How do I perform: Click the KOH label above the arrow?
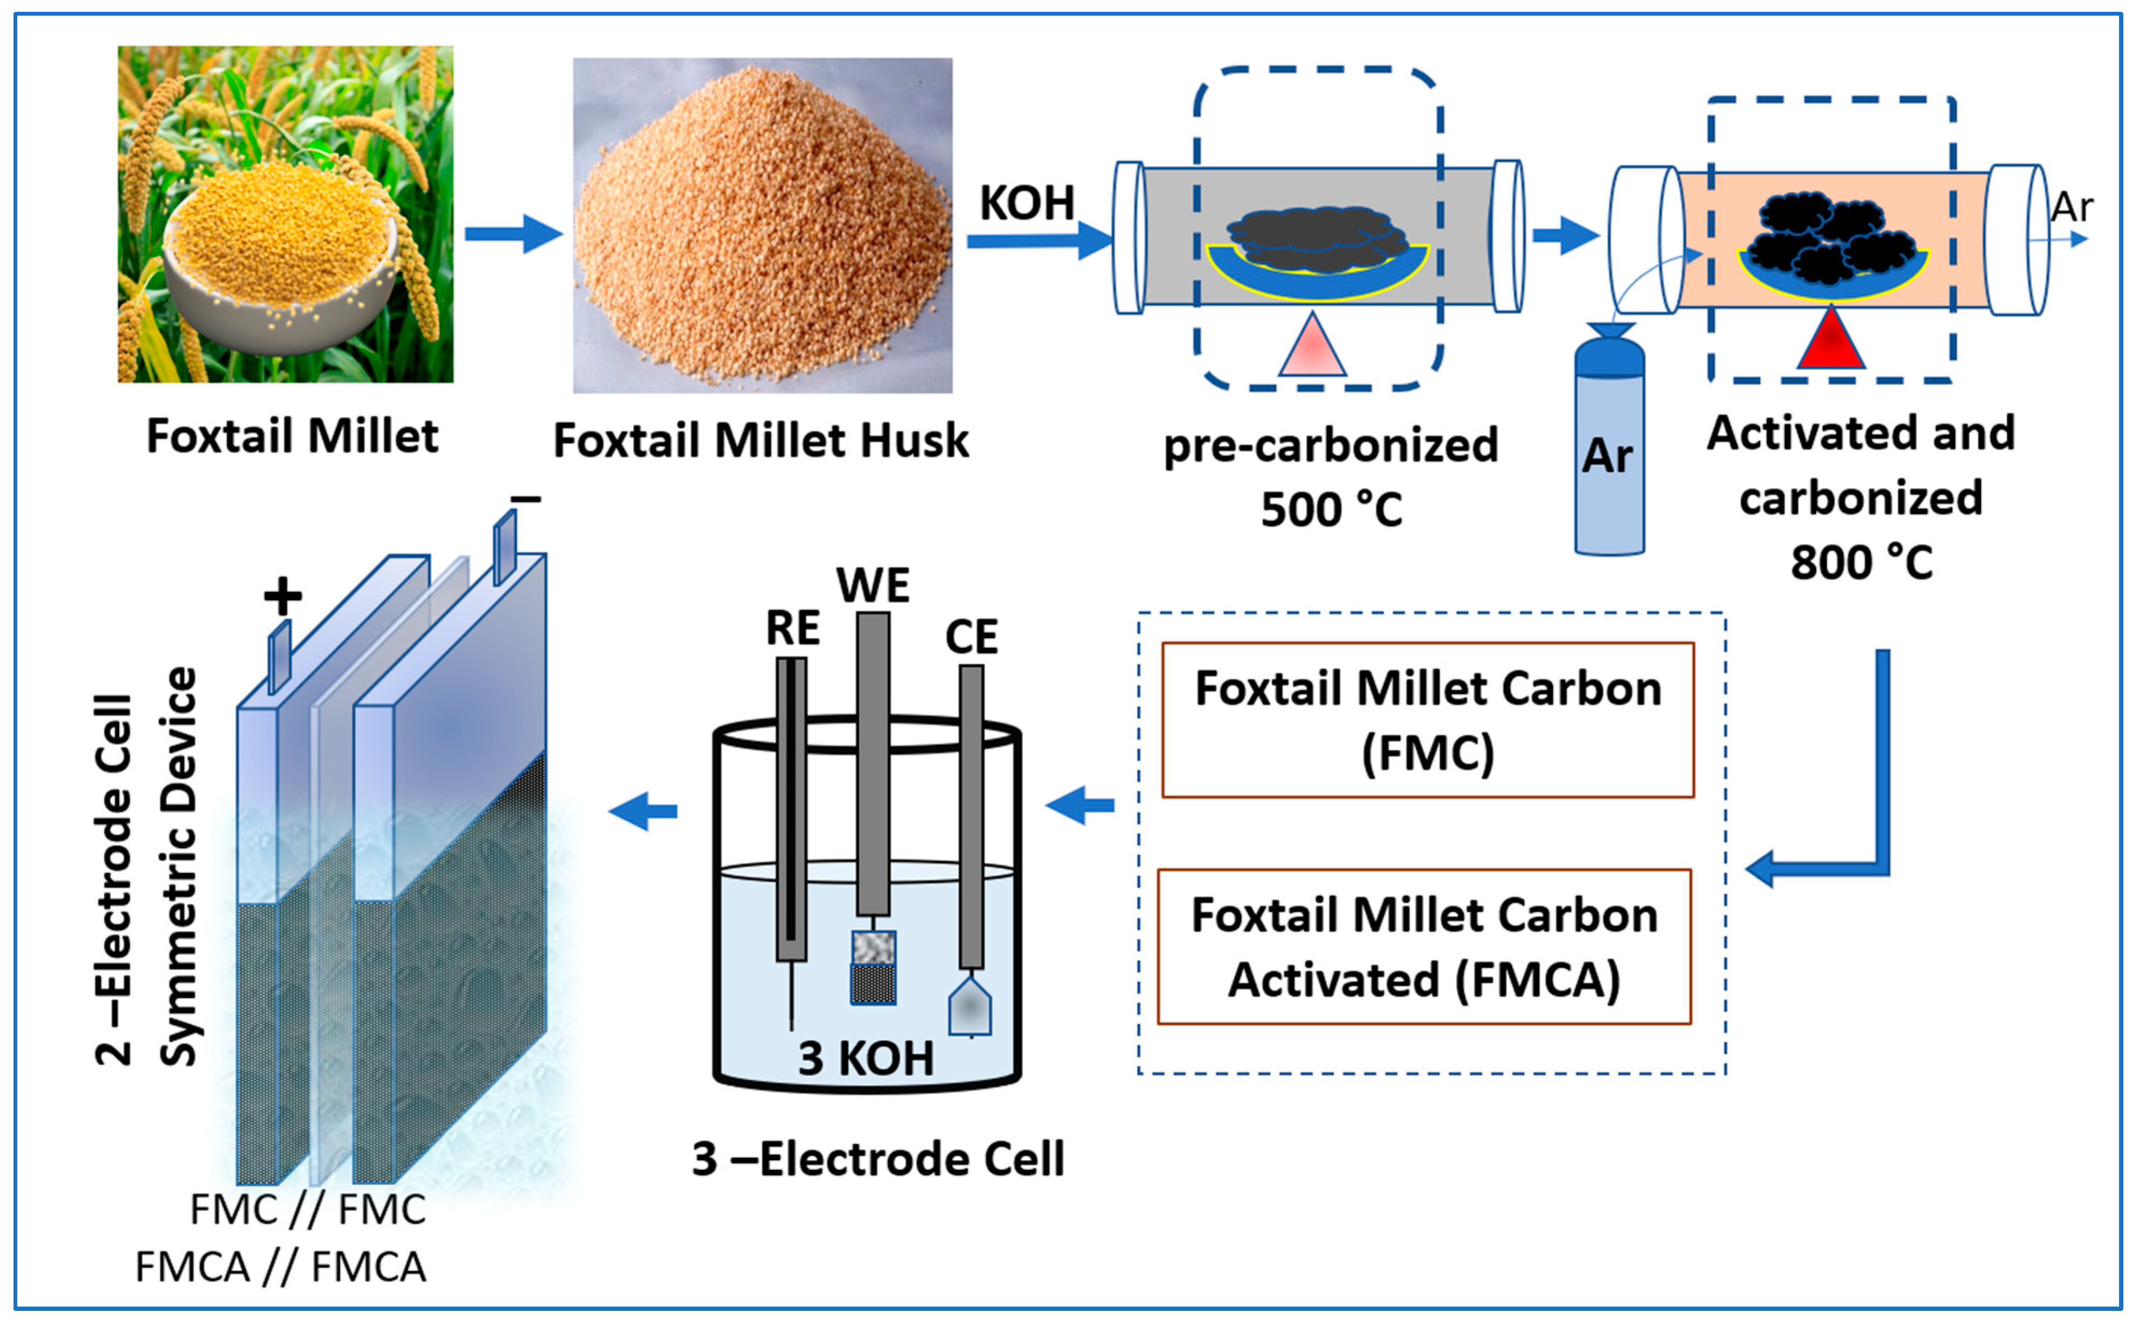[1027, 204]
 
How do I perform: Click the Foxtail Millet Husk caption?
[760, 440]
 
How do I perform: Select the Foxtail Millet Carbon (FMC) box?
[1428, 720]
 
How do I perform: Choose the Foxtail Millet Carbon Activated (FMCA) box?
[1423, 947]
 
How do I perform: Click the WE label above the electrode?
[873, 585]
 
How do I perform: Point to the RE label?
[792, 628]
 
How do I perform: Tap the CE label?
[971, 637]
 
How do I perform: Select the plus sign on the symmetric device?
[282, 597]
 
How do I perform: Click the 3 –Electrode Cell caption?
[877, 1160]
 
